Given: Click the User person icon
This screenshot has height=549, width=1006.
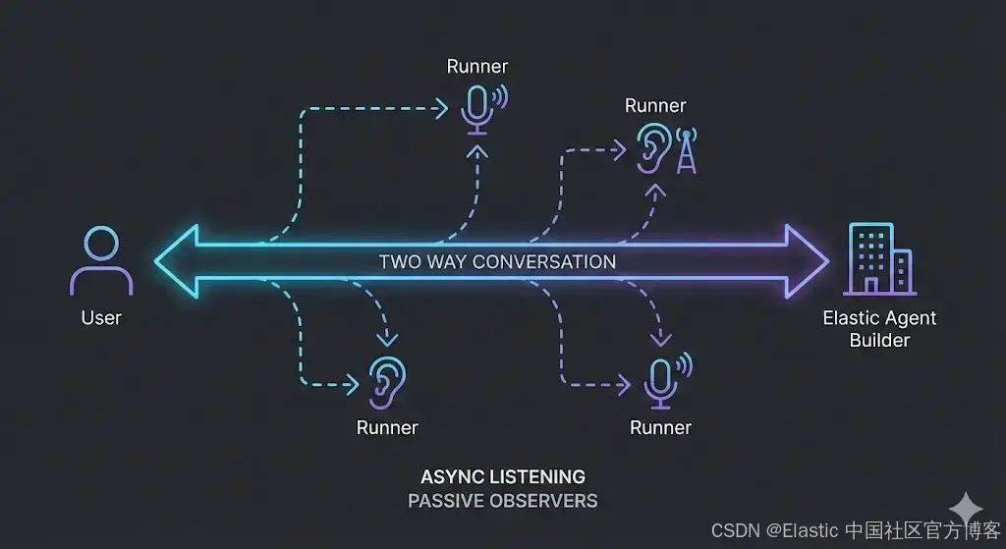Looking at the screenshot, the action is click(100, 261).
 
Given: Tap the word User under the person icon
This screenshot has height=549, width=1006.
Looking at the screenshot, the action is click(101, 317).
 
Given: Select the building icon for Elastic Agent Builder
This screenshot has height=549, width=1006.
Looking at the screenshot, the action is click(877, 259).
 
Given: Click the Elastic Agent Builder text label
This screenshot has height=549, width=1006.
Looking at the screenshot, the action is click(879, 329).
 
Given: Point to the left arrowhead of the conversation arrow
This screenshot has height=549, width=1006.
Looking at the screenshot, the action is click(178, 261).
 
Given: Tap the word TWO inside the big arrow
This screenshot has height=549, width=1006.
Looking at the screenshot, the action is click(401, 262).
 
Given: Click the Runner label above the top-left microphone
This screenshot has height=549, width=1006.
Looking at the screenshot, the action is click(477, 67).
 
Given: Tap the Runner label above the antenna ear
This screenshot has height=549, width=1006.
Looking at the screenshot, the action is click(655, 106).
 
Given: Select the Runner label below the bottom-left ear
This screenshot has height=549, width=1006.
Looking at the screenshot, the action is click(387, 427).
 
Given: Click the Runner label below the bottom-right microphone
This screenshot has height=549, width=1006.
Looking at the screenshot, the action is click(660, 427).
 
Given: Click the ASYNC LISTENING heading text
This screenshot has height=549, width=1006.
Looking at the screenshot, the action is click(503, 477).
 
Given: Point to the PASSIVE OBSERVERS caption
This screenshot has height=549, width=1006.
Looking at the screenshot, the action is click(503, 501).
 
